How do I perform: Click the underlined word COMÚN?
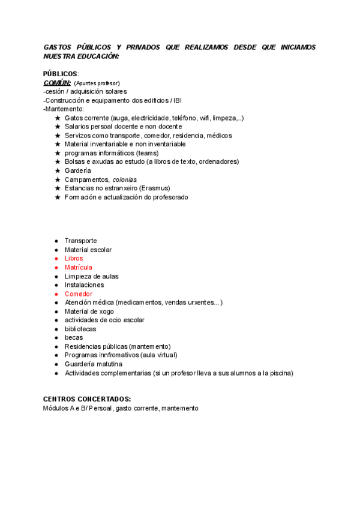[57, 83]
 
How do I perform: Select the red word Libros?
[74, 259]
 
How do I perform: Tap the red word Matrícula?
[78, 267]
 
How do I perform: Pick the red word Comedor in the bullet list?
[78, 294]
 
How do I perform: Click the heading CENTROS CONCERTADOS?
[87, 399]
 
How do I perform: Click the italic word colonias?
[124, 179]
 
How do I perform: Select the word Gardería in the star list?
[77, 170]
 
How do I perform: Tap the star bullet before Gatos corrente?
[58, 118]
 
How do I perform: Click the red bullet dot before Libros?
[56, 259]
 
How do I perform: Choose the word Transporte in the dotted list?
[80, 241]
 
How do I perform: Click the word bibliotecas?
[80, 329]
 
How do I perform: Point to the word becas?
[74, 338]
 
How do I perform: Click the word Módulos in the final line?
[55, 408]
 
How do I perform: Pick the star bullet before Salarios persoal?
[58, 127]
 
